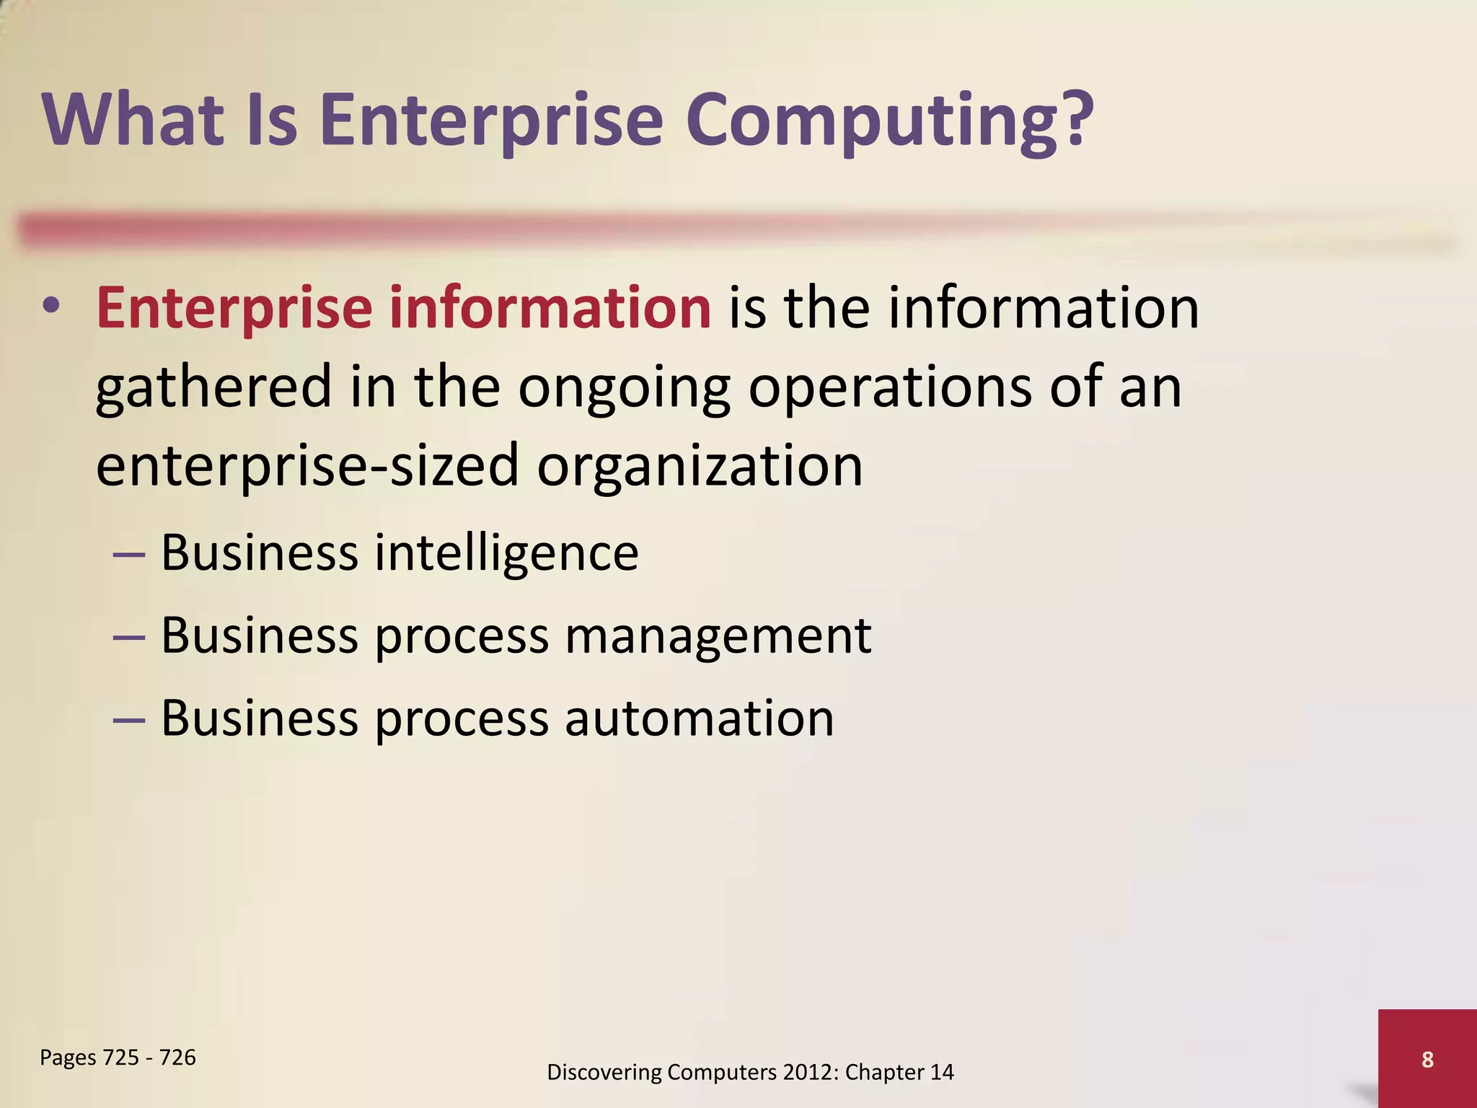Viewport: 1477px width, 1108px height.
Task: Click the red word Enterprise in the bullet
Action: [x=234, y=309]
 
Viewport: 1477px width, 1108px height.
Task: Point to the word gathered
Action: [x=213, y=388]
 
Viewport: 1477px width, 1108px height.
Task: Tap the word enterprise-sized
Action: [x=307, y=467]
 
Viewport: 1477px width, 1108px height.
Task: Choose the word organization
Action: [x=700, y=467]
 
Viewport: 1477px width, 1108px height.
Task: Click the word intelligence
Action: [x=506, y=553]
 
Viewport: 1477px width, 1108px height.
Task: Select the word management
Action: [x=718, y=637]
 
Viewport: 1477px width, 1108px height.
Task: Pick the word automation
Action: [x=699, y=718]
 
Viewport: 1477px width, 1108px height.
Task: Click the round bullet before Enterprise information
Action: [x=51, y=307]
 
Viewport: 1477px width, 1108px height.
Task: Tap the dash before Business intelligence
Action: [x=130, y=555]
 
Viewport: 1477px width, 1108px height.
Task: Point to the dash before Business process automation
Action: [x=130, y=720]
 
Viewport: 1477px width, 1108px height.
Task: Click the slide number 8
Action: [x=1427, y=1060]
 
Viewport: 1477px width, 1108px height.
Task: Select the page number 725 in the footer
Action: [x=121, y=1058]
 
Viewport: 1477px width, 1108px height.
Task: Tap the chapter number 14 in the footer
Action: [x=941, y=1073]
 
